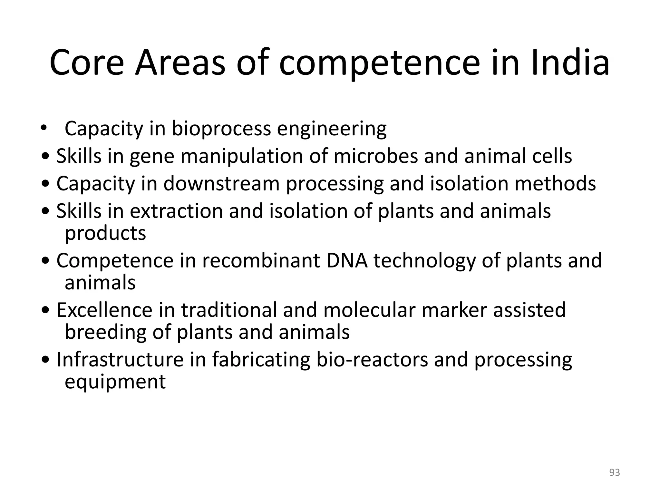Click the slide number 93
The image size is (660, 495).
(615, 472)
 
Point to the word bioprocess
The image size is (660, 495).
(221, 129)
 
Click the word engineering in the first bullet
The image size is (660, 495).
(332, 129)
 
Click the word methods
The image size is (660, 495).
(555, 184)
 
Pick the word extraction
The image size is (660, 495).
(176, 211)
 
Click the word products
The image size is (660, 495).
(105, 233)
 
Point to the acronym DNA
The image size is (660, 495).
(347, 261)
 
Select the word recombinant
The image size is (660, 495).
(261, 261)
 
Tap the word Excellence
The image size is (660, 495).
(104, 310)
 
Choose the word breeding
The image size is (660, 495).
(106, 332)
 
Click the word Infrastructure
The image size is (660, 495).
(120, 360)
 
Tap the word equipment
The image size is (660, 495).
(115, 383)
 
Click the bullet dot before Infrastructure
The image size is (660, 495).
(46, 361)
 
